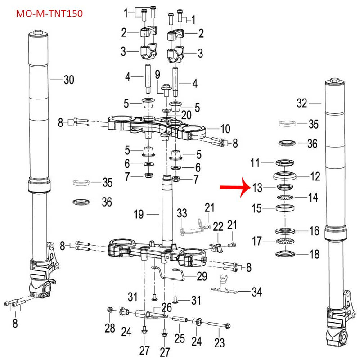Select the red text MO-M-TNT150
(x=49, y=13)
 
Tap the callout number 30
(x=68, y=80)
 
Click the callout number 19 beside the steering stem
(x=139, y=215)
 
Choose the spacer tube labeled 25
(x=180, y=321)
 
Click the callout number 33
(x=181, y=212)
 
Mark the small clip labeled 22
(x=216, y=247)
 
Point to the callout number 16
(x=315, y=231)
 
